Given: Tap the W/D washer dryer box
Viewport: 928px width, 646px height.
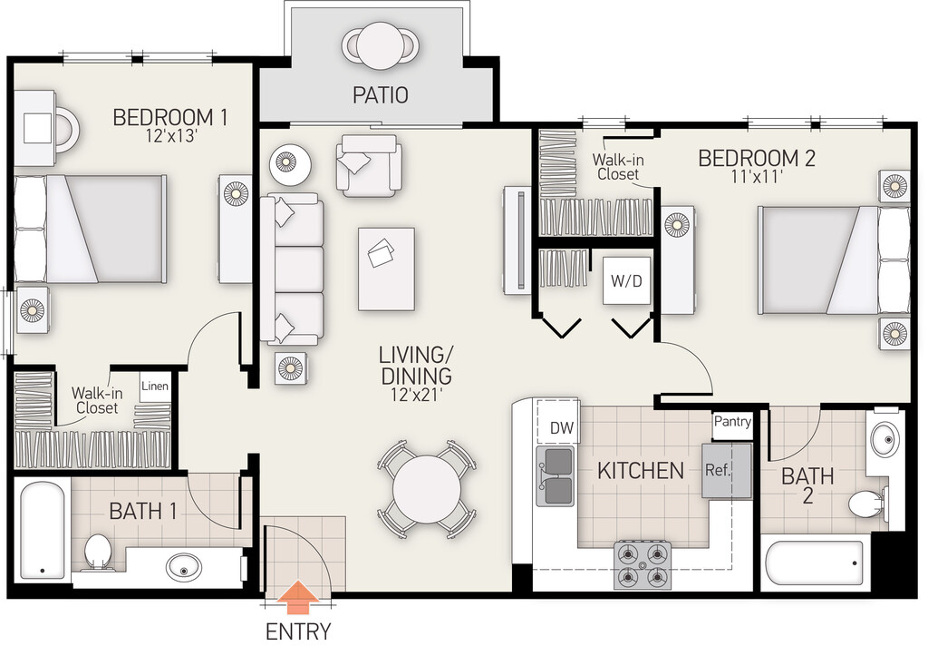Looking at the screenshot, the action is point(626,280).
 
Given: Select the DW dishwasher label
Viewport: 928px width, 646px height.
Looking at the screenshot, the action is point(562,427).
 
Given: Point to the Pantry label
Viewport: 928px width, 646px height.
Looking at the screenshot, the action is point(732,421).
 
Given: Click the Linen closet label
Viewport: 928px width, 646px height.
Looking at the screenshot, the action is point(155,387).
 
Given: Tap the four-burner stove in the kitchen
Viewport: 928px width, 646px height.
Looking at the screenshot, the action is point(643,565).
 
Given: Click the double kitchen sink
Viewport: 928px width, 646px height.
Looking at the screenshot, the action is point(556,476).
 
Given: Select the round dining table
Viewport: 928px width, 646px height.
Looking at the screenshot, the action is point(426,489).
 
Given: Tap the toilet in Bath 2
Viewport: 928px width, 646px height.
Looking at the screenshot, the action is point(868,504).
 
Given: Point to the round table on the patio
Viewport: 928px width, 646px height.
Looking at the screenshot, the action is point(380,46).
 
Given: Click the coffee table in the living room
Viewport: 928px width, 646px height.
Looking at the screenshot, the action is point(386,269).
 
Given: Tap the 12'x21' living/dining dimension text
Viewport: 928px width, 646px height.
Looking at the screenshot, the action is point(416,395).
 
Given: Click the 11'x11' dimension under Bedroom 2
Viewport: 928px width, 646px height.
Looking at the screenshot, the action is point(757,176).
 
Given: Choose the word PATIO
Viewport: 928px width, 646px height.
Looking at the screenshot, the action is point(381,95).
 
